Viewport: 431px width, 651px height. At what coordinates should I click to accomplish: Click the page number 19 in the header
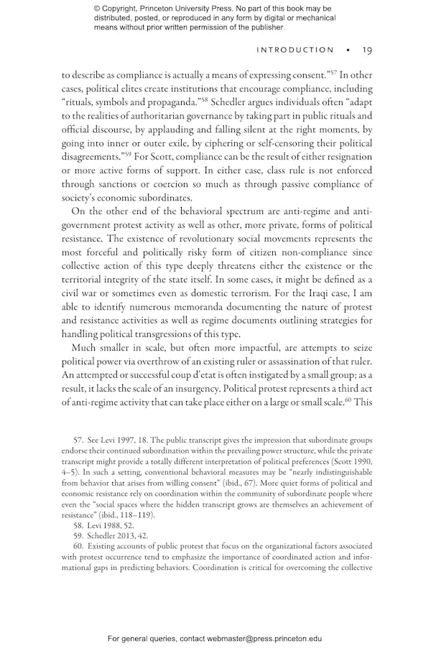pos(366,50)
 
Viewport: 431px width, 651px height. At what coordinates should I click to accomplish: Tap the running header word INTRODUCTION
pos(295,50)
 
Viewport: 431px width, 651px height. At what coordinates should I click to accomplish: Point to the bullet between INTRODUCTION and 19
pos(348,50)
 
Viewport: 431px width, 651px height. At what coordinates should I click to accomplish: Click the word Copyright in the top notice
pos(129,8)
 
